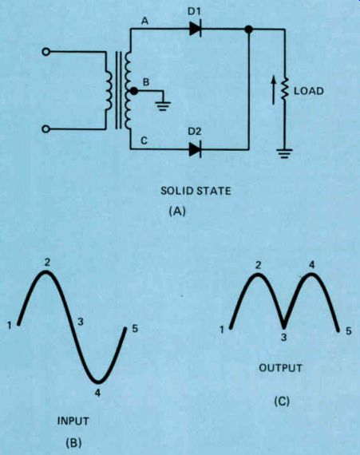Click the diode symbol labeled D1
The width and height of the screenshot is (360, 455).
pos(196,29)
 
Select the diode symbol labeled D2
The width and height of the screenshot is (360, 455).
pos(196,149)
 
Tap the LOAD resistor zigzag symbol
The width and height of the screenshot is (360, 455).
pos(285,89)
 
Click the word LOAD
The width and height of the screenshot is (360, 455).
pos(309,91)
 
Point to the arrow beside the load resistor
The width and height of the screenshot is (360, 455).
pos(273,90)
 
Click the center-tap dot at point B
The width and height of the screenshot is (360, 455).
pos(134,91)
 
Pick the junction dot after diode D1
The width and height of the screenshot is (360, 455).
pos(248,29)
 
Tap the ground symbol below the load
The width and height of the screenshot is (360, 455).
pos(284,153)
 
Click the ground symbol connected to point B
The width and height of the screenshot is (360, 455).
pos(163,106)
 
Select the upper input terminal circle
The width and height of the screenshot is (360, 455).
pos(45,52)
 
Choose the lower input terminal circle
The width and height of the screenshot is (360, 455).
pos(45,129)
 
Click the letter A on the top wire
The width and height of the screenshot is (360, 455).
pos(144,21)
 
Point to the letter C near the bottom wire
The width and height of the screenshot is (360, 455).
pos(144,140)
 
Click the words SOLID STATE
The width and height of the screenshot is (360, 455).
pos(196,191)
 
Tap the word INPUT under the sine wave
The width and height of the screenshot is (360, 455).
pos(73,421)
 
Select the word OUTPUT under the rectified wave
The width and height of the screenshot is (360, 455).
pos(280,368)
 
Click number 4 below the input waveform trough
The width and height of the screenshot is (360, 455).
pos(97,393)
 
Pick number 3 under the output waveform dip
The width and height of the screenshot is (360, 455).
pos(284,337)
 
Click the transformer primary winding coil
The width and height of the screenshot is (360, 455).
pos(109,90)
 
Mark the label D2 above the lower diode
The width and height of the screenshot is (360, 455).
pos(194,132)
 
